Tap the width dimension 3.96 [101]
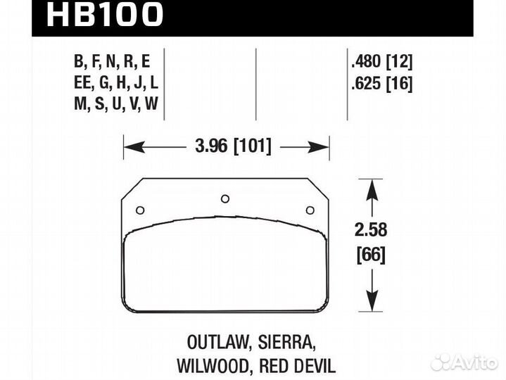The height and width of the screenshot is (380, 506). pos(227,147)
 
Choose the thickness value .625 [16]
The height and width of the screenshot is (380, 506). pos(381,84)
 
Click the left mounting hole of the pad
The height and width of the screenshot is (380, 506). pos(139,209)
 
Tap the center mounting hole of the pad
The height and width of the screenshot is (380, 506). pos(225,198)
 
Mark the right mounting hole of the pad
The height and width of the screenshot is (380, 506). pos(310,209)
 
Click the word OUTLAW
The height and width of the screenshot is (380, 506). pos(213,343)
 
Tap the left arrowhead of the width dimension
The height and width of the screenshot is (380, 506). pos(129,147)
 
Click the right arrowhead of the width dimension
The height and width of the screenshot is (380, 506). pos(324,147)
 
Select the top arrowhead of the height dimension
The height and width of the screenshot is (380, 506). pos(372,184)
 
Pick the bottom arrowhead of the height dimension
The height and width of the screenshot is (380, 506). pos(372,306)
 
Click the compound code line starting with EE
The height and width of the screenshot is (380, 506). pos(115,84)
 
